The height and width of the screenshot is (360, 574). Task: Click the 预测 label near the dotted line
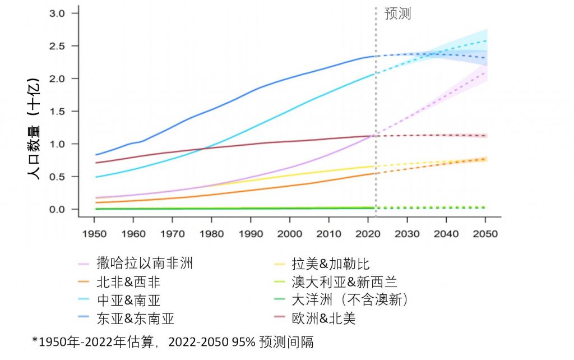[x=398, y=15]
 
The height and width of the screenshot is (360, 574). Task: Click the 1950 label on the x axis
[x=94, y=233]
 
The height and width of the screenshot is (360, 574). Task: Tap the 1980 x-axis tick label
[x=211, y=233]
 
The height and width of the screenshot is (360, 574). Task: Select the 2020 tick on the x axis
[x=368, y=233]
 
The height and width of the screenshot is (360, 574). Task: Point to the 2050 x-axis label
[x=485, y=233]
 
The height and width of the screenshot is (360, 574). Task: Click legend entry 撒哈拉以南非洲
[x=145, y=264]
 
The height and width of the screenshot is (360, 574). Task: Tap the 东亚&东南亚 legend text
[x=135, y=319]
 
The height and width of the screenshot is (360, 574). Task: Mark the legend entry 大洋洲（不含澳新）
[x=350, y=300]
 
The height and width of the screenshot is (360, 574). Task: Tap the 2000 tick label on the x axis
[x=289, y=233]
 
